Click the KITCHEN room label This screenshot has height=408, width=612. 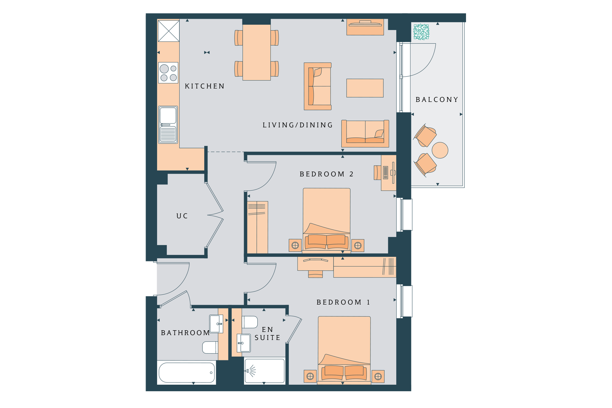tap(204, 86)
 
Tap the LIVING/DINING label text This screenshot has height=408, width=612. tap(298, 125)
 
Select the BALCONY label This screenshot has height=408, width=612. tap(437, 100)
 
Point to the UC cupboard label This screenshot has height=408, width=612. tap(182, 216)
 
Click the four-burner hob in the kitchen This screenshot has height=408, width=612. tap(168, 73)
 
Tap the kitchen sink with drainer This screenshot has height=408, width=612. tap(168, 125)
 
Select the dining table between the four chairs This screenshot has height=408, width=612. tap(256, 52)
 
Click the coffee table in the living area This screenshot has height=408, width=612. tap(365, 88)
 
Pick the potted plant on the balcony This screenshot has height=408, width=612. tap(421, 32)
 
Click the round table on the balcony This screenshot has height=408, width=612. tap(440, 150)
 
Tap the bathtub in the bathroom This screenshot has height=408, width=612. tap(187, 372)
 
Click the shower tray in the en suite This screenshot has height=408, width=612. tap(265, 371)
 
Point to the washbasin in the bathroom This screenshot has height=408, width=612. tap(216, 324)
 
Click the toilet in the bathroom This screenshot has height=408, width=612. tap(210, 347)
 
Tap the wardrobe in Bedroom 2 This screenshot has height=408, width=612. tap(257, 227)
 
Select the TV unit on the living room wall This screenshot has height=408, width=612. tap(365, 27)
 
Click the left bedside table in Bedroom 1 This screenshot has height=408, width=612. tap(310, 376)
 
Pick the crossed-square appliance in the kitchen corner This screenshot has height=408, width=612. tap(169, 31)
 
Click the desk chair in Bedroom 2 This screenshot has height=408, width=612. tap(378, 172)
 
